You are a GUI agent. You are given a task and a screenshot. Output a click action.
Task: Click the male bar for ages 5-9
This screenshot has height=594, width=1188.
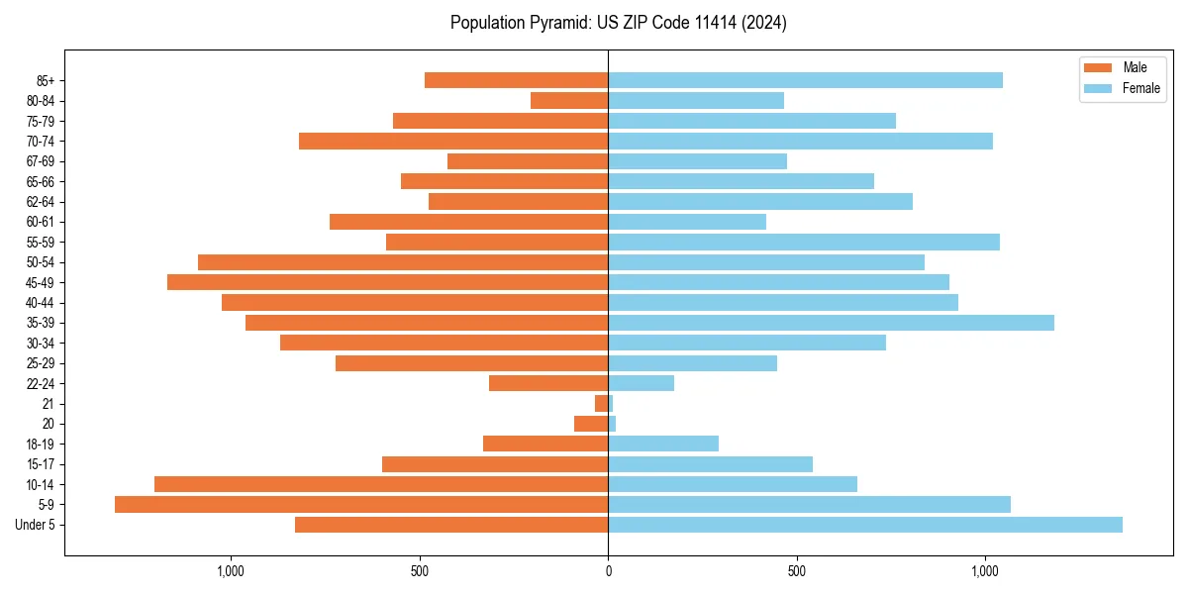361,504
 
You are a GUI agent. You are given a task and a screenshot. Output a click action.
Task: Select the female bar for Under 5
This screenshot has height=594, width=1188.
865,525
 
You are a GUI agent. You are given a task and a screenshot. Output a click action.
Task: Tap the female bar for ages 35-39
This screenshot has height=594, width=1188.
831,323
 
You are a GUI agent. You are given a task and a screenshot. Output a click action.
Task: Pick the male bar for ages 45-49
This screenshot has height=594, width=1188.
387,282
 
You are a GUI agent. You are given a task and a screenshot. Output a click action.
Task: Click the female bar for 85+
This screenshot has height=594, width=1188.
805,80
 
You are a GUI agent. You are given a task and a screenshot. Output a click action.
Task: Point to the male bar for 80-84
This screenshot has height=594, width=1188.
569,100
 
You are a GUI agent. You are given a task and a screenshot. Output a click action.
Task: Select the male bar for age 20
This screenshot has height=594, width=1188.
591,424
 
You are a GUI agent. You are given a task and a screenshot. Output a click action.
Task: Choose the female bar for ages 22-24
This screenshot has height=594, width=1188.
641,383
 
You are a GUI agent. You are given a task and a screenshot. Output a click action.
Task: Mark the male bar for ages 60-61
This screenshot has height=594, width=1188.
468,222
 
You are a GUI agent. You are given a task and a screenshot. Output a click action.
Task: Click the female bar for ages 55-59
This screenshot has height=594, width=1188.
804,242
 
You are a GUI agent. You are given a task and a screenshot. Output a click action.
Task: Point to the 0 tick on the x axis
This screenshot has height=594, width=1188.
608,571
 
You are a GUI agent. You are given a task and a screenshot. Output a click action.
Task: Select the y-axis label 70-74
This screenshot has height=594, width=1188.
41,141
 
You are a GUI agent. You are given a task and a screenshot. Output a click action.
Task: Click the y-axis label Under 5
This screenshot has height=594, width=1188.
36,525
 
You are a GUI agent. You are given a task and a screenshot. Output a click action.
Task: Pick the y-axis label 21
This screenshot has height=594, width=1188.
49,404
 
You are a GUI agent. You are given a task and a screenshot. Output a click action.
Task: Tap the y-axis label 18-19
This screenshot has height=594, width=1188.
41,444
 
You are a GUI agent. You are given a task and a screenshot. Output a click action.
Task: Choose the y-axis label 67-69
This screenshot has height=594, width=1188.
41,161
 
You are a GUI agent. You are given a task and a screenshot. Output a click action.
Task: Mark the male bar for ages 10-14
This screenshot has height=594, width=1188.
381,484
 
